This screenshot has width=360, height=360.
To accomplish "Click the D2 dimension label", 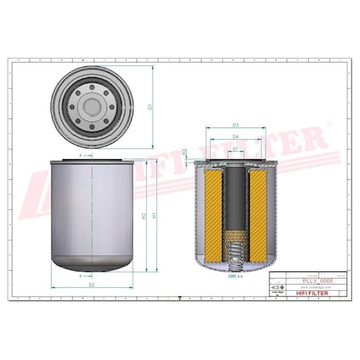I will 91,285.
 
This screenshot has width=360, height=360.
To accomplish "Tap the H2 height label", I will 144,215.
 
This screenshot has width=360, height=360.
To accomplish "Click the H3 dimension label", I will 185,152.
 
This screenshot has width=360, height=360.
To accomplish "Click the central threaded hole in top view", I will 91,107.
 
